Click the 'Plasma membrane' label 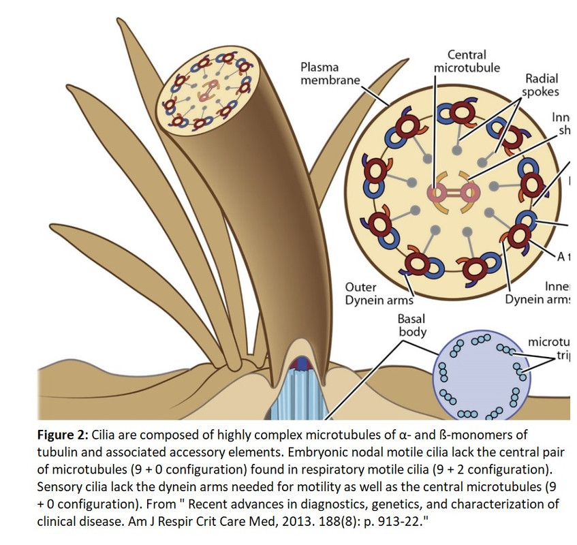coord(330,74)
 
